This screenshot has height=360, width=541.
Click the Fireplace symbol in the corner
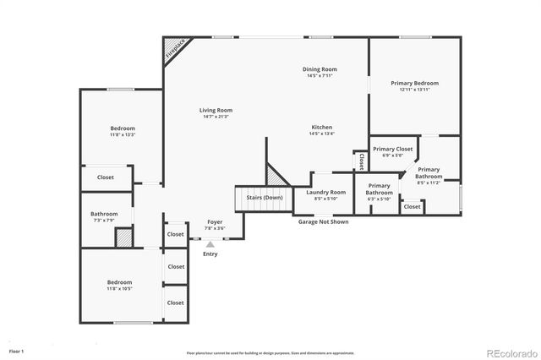tap(175, 48)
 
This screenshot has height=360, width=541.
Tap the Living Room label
tap(216, 110)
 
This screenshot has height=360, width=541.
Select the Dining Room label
tap(320, 68)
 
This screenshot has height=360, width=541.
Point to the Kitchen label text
tap(321, 127)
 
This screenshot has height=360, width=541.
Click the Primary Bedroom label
tap(414, 83)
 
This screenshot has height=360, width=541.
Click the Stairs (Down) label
tap(264, 197)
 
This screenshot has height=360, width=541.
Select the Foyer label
tap(215, 221)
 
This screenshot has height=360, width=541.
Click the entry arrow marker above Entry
tap(210, 243)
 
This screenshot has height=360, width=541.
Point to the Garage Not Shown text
tap(322, 221)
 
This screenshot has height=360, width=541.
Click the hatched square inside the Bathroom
tap(123, 237)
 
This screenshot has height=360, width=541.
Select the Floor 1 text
tap(16, 350)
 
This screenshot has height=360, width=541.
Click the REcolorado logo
tap(509, 352)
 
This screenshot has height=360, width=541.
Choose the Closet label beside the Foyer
tap(175, 234)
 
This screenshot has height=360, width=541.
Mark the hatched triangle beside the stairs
tap(276, 176)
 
